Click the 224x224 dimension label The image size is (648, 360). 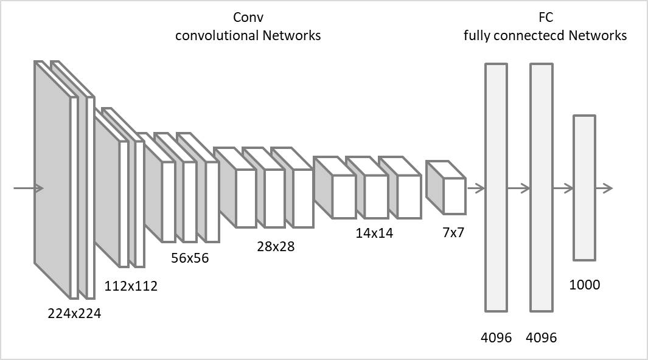pyautogui.click(x=74, y=314)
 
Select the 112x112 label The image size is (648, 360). pyautogui.click(x=131, y=285)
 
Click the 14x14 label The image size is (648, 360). pyautogui.click(x=374, y=233)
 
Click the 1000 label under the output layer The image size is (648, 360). pyautogui.click(x=584, y=284)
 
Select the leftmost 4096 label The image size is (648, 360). pyautogui.click(x=496, y=337)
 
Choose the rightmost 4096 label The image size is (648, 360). pyautogui.click(x=541, y=337)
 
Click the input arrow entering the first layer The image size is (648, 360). pyautogui.click(x=28, y=189)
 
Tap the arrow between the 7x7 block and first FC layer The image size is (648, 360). pyautogui.click(x=475, y=189)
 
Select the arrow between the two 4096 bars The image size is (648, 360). pyautogui.click(x=518, y=189)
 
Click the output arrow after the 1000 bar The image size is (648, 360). pyautogui.click(x=604, y=189)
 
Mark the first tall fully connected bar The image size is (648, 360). pyautogui.click(x=496, y=187)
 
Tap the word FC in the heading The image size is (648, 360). pyautogui.click(x=545, y=17)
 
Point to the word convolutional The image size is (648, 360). pyautogui.click(x=217, y=35)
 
